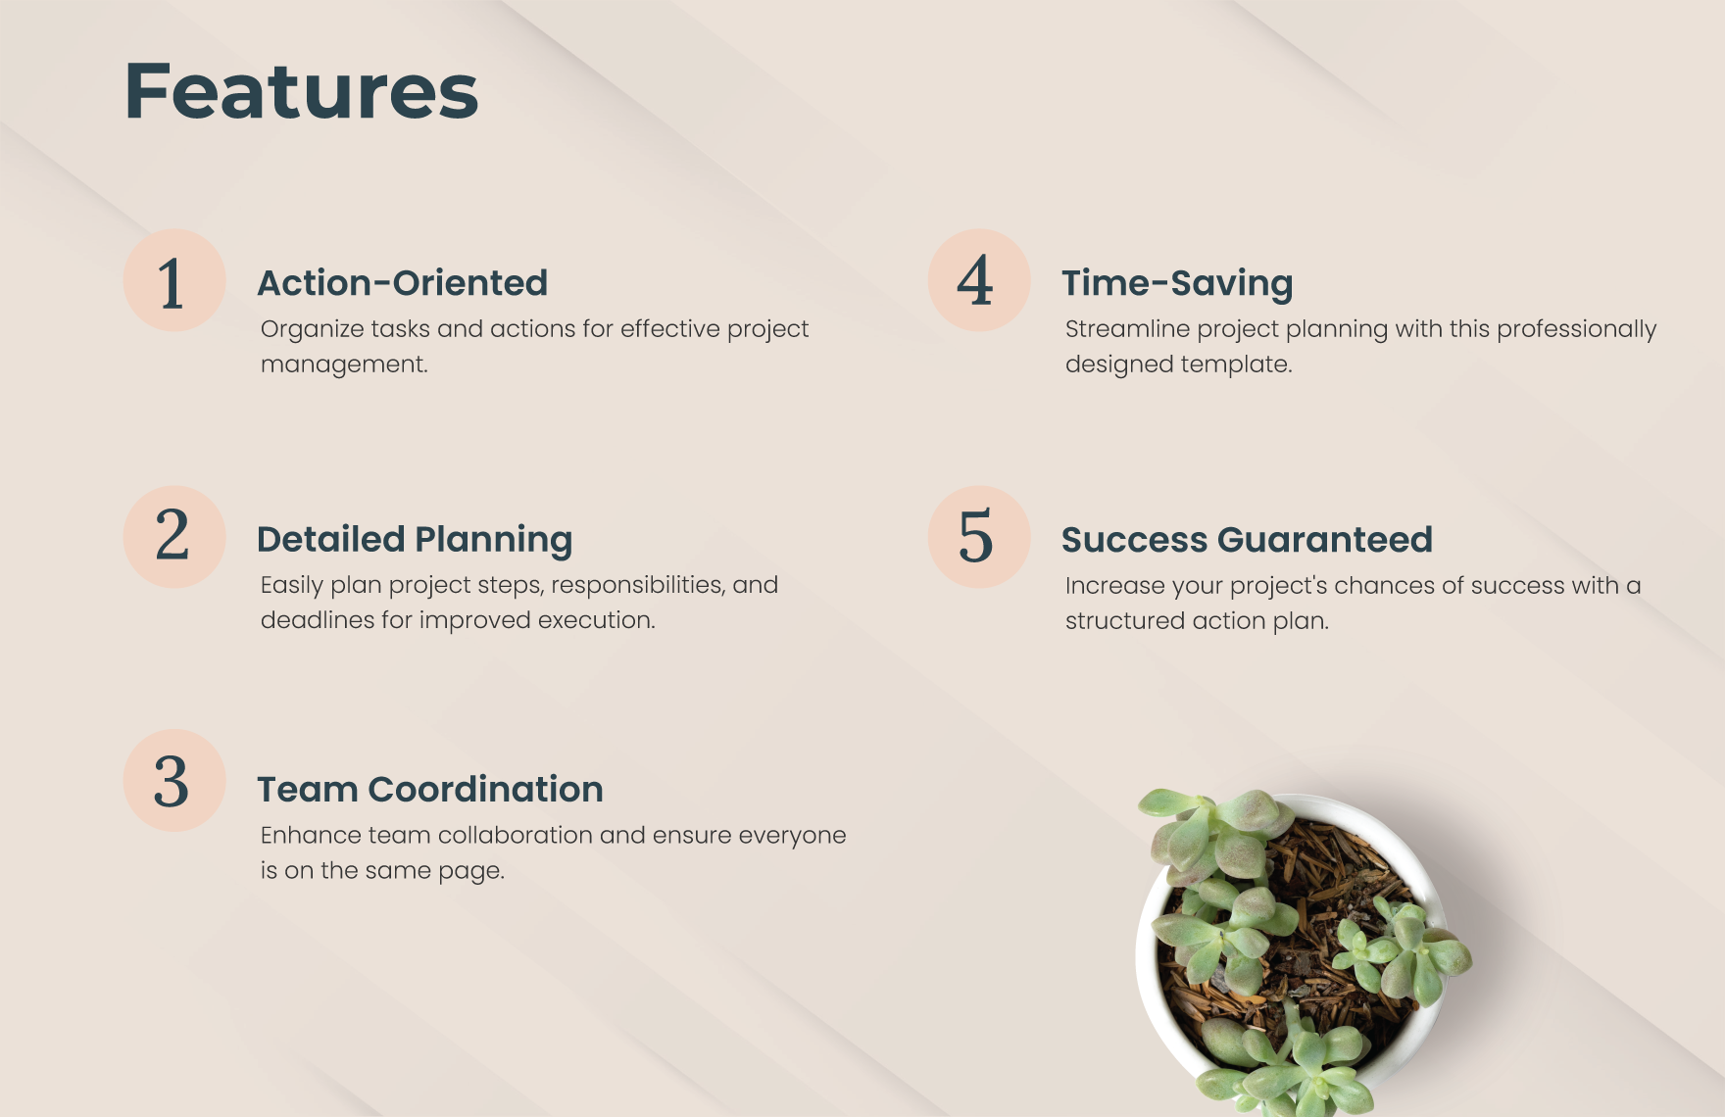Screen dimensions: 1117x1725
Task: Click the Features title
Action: tap(301, 91)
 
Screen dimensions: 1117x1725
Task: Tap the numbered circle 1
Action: tap(174, 281)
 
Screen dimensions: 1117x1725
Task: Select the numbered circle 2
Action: tap(174, 537)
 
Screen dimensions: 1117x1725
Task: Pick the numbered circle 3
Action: tap(174, 781)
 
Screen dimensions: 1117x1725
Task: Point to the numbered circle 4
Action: tap(978, 281)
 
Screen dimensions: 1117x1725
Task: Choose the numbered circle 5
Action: tap(978, 537)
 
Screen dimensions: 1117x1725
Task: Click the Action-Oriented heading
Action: tap(402, 283)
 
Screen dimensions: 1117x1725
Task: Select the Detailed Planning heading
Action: tap(415, 540)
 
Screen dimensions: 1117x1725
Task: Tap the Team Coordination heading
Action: tap(430, 790)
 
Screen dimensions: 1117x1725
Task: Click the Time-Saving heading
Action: tap(1177, 283)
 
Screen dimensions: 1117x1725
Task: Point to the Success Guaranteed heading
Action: tap(1247, 540)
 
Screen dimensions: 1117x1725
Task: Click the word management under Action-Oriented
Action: tap(344, 364)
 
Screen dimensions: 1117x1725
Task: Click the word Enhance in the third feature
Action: tap(297, 835)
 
